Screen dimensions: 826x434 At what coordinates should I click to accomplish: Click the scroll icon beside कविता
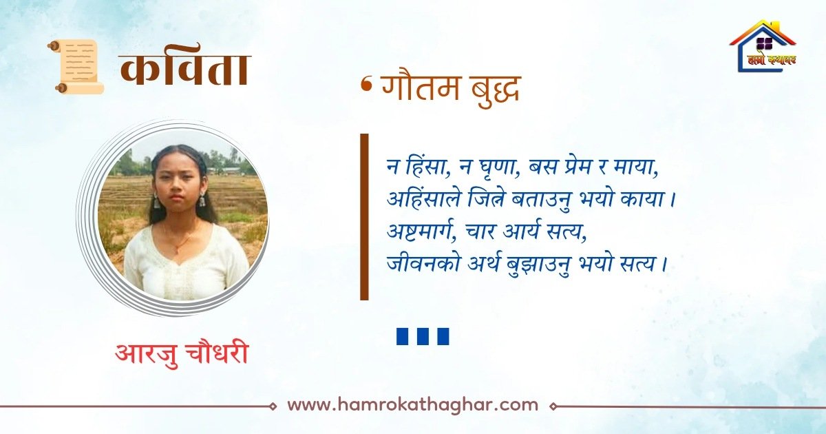[x=76, y=66]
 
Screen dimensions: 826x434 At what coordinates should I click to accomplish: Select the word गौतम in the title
[x=421, y=88]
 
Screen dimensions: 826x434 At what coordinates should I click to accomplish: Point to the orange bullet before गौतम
[x=366, y=85]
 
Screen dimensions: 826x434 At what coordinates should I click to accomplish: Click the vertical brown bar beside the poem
[x=364, y=216]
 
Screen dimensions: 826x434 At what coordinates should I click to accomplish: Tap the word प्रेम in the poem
[x=580, y=169]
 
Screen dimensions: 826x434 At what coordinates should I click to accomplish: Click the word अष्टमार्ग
[x=420, y=231]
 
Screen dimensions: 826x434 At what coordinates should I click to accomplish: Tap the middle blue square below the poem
[x=423, y=336]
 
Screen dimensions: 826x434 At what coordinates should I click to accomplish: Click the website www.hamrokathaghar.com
[x=412, y=404]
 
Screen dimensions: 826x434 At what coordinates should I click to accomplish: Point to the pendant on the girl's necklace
[x=177, y=249]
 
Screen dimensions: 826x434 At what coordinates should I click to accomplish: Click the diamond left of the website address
[x=273, y=406]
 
